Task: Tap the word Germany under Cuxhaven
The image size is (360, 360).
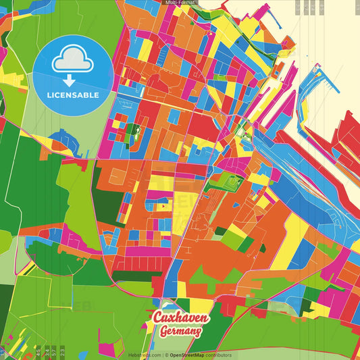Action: (x=181, y=332)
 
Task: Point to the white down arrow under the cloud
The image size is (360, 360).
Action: (x=70, y=80)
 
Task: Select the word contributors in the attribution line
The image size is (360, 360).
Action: (x=220, y=355)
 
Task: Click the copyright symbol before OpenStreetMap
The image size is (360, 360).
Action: (x=165, y=355)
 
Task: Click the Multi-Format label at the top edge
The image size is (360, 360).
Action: (x=180, y=3)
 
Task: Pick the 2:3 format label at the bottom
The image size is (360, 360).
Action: (x=62, y=352)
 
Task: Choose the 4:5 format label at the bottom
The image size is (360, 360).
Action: (x=38, y=352)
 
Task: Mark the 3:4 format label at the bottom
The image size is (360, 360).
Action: (x=45, y=352)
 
